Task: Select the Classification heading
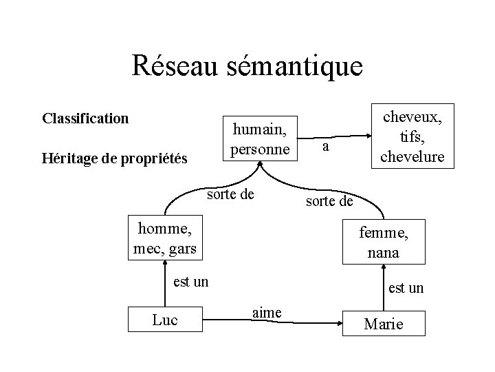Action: (85, 118)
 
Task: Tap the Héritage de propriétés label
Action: (114, 159)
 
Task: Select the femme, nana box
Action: (384, 242)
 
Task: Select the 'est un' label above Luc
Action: (190, 281)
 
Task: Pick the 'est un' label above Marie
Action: (406, 288)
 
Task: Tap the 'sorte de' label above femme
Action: (329, 201)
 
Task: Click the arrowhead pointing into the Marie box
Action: (340, 322)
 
